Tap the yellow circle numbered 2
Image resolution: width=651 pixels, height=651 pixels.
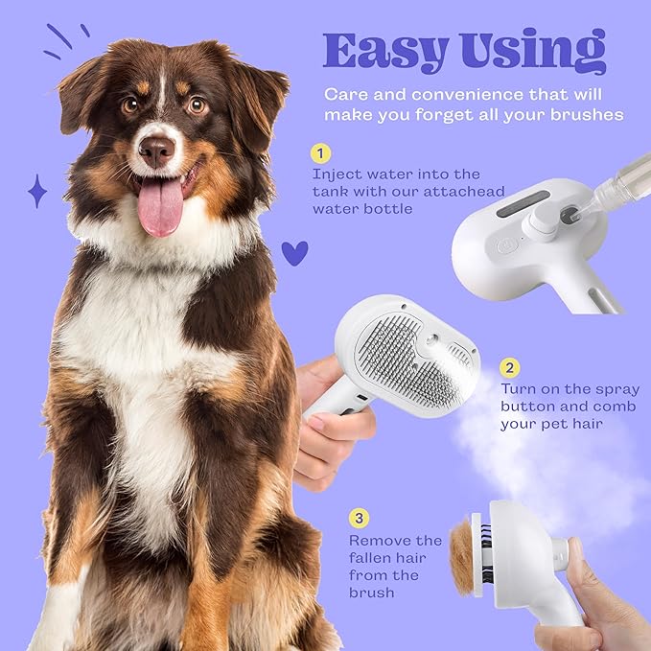point(509,367)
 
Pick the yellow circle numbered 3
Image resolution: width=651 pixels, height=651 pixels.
point(358,519)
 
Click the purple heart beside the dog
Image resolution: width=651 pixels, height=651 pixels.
point(294,253)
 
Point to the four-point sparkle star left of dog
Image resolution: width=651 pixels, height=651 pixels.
point(37,191)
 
